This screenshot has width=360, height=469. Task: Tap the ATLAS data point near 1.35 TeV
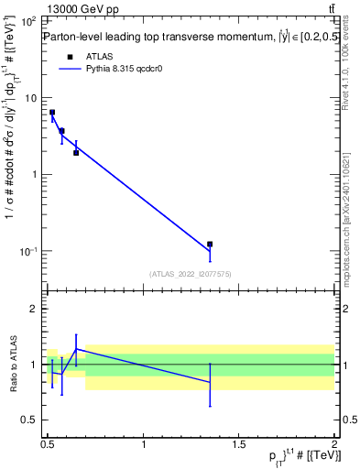(x=210, y=245)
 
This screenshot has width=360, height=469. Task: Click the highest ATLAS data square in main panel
(x=52, y=113)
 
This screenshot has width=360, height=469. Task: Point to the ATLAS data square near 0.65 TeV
(x=76, y=152)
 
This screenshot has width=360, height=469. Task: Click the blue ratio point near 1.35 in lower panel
(x=210, y=382)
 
